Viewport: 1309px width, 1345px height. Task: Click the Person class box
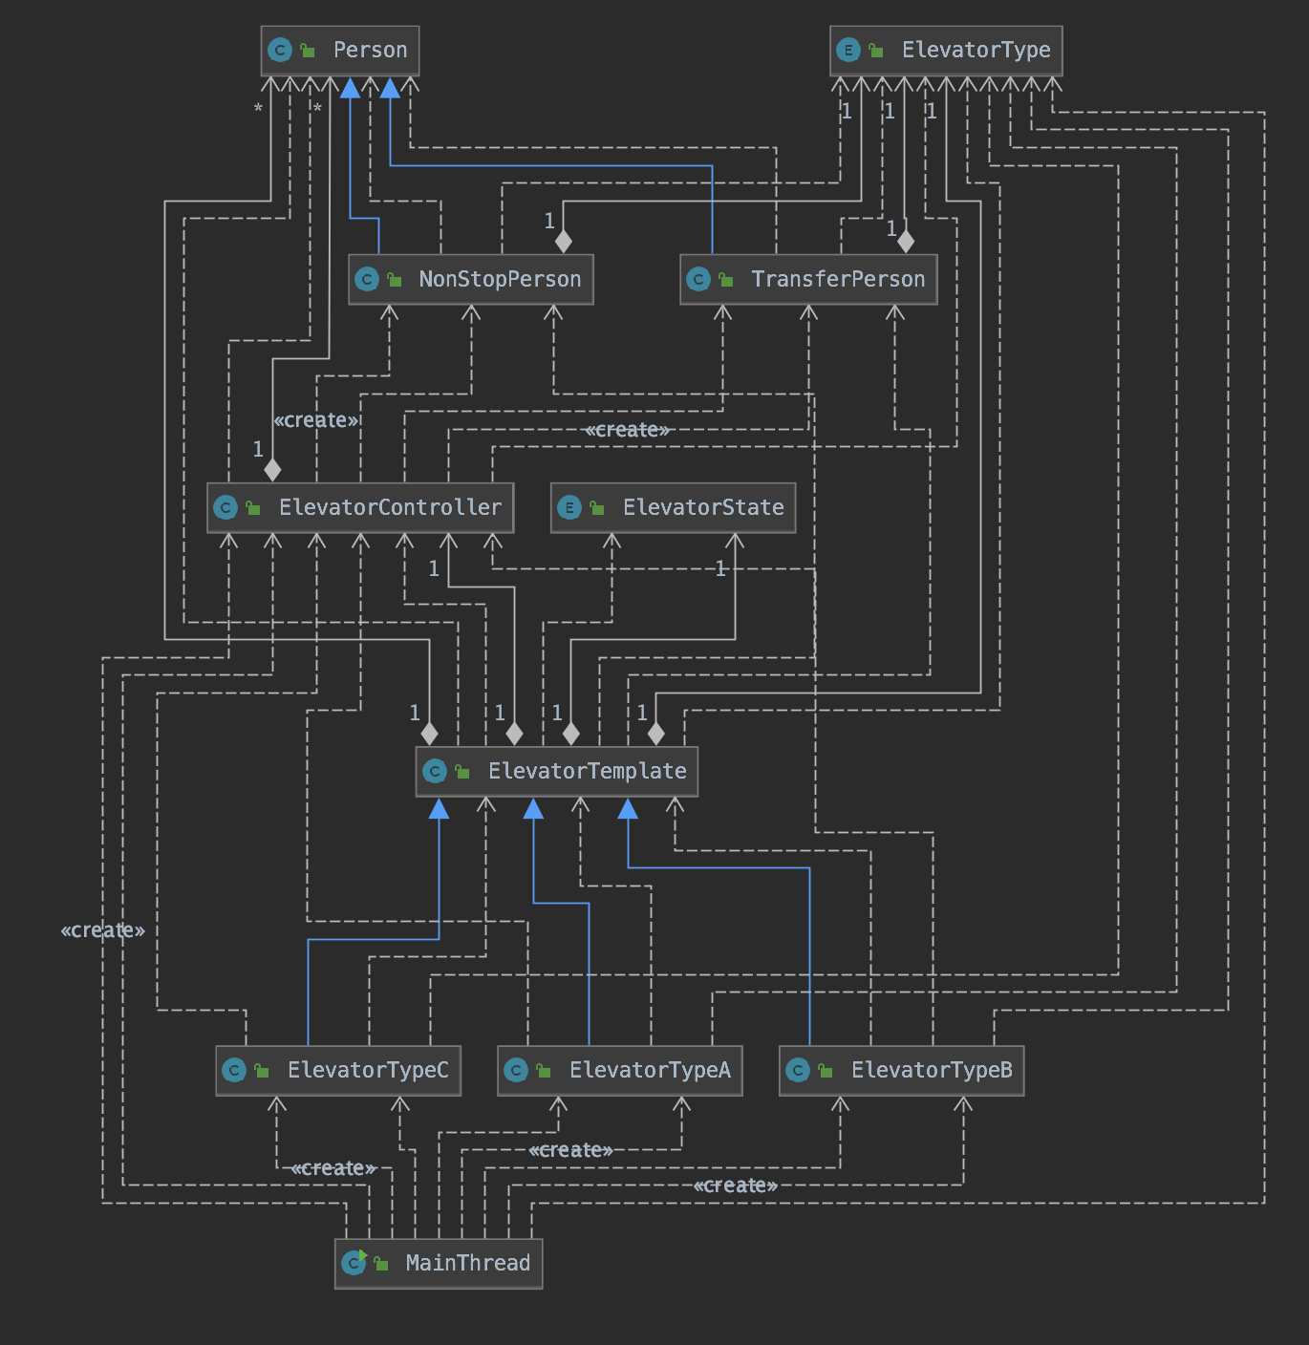point(339,51)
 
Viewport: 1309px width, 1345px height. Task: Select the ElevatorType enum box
point(946,51)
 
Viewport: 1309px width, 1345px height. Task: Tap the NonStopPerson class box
point(471,279)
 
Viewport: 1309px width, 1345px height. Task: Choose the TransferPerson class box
point(808,279)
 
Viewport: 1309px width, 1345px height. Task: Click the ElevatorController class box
point(360,507)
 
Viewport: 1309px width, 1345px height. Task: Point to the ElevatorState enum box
point(673,507)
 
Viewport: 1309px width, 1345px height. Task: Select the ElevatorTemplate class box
point(557,771)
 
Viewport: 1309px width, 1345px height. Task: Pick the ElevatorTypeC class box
point(338,1071)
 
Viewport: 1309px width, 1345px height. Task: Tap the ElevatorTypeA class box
point(619,1071)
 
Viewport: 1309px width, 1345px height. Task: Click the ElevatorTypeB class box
point(902,1071)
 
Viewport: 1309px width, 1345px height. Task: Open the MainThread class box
point(439,1264)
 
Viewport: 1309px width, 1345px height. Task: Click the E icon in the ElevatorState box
point(569,508)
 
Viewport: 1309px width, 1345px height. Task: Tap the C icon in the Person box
point(279,51)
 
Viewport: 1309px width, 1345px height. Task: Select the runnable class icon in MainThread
point(354,1263)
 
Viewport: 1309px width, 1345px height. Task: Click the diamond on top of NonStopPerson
point(564,242)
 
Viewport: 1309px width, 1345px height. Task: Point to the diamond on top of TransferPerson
point(906,242)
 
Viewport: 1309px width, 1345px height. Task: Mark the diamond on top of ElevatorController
point(272,470)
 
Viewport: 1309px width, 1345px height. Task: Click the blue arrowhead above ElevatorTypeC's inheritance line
point(440,808)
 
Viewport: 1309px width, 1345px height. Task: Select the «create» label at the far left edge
point(103,930)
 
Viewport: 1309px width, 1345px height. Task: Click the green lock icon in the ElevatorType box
point(876,51)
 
